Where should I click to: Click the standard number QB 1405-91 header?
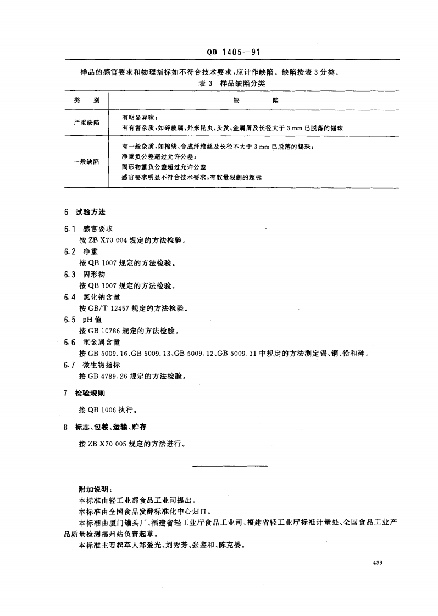(232, 52)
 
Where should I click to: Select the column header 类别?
(85, 101)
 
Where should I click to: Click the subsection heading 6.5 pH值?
(85, 320)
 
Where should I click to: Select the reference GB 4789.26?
(111, 376)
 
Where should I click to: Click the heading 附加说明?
(96, 489)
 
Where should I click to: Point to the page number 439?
(378, 563)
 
